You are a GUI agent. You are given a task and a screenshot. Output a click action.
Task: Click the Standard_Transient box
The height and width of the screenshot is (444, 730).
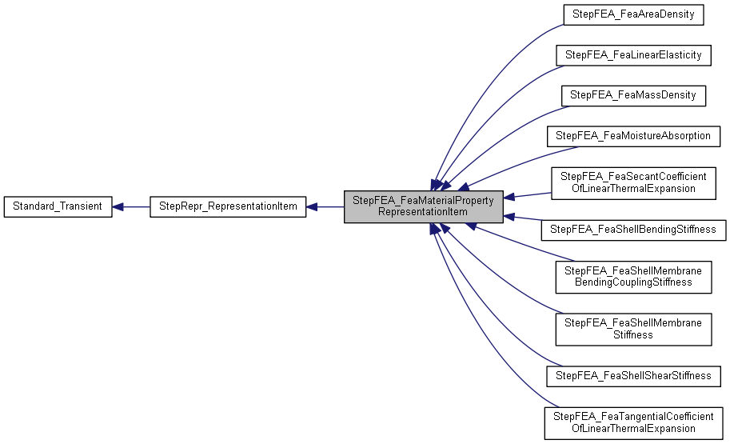click(58, 206)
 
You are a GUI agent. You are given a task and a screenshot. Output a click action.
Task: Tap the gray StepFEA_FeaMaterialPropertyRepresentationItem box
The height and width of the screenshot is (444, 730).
click(424, 207)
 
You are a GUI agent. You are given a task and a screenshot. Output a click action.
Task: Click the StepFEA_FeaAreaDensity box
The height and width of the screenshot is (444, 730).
click(632, 14)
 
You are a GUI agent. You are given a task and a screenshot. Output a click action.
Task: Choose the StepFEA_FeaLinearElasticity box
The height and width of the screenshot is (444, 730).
click(632, 55)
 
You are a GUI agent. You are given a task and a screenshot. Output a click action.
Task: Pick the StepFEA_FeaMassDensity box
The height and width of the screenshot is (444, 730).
click(632, 95)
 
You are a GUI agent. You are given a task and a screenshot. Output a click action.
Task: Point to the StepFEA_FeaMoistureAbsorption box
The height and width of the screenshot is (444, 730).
click(632, 135)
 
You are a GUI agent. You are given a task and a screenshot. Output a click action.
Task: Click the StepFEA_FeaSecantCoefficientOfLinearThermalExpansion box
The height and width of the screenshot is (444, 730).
click(632, 182)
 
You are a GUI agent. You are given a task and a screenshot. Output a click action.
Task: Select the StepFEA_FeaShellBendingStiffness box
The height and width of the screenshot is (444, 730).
click(632, 230)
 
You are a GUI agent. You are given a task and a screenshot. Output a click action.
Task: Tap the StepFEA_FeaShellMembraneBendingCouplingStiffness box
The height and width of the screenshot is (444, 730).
click(632, 276)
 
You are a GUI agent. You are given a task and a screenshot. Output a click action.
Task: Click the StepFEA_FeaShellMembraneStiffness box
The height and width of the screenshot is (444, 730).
click(632, 329)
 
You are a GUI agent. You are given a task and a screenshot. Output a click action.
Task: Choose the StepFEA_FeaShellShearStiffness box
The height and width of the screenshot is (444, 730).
click(632, 375)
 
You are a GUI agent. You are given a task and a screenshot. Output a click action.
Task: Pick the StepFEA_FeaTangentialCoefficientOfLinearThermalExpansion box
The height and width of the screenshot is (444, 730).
click(632, 422)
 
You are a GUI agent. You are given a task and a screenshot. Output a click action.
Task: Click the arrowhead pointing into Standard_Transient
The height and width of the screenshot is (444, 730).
click(118, 207)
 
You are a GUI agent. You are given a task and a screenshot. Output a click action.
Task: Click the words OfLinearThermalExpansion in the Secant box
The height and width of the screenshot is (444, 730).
click(632, 189)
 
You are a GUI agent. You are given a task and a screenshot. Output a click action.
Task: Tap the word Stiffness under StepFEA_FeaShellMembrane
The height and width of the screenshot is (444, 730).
click(632, 334)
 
